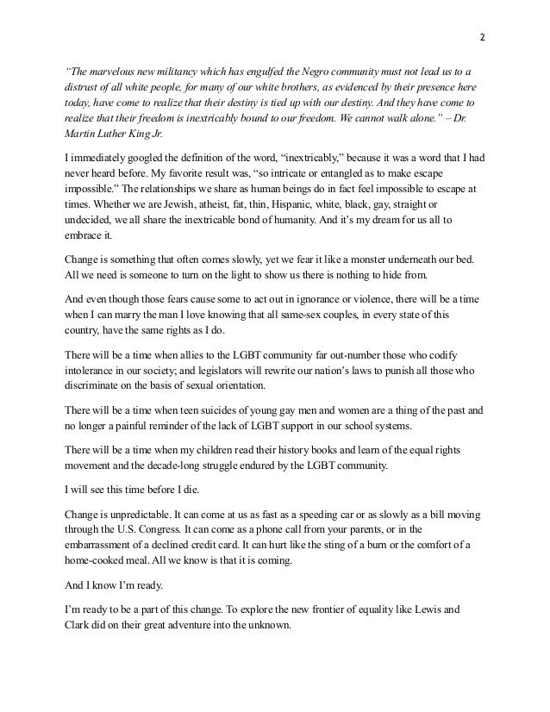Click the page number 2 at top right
(x=482, y=38)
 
